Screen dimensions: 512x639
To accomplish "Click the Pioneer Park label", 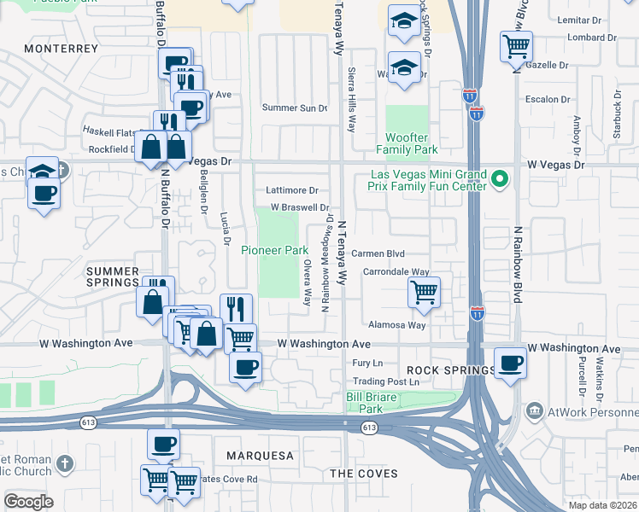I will pyautogui.click(x=273, y=250).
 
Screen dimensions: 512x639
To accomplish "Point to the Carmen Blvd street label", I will pyautogui.click(x=378, y=253).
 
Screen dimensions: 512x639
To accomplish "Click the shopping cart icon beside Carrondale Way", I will pyautogui.click(x=424, y=292).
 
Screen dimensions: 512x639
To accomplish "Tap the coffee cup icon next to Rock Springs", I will pyautogui.click(x=510, y=363).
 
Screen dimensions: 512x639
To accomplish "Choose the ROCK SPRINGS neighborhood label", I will pyautogui.click(x=450, y=370).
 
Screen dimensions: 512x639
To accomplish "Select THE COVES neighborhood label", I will pyautogui.click(x=364, y=473).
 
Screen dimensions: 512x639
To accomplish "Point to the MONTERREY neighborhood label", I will pyautogui.click(x=62, y=49).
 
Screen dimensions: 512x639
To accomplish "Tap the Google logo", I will pyautogui.click(x=28, y=502).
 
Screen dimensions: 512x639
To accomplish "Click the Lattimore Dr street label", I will pyautogui.click(x=291, y=190).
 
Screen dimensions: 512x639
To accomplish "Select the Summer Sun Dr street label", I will pyautogui.click(x=295, y=108).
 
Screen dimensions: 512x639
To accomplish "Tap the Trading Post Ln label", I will pyautogui.click(x=386, y=381).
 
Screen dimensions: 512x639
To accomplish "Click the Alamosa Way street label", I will pyautogui.click(x=396, y=325).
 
